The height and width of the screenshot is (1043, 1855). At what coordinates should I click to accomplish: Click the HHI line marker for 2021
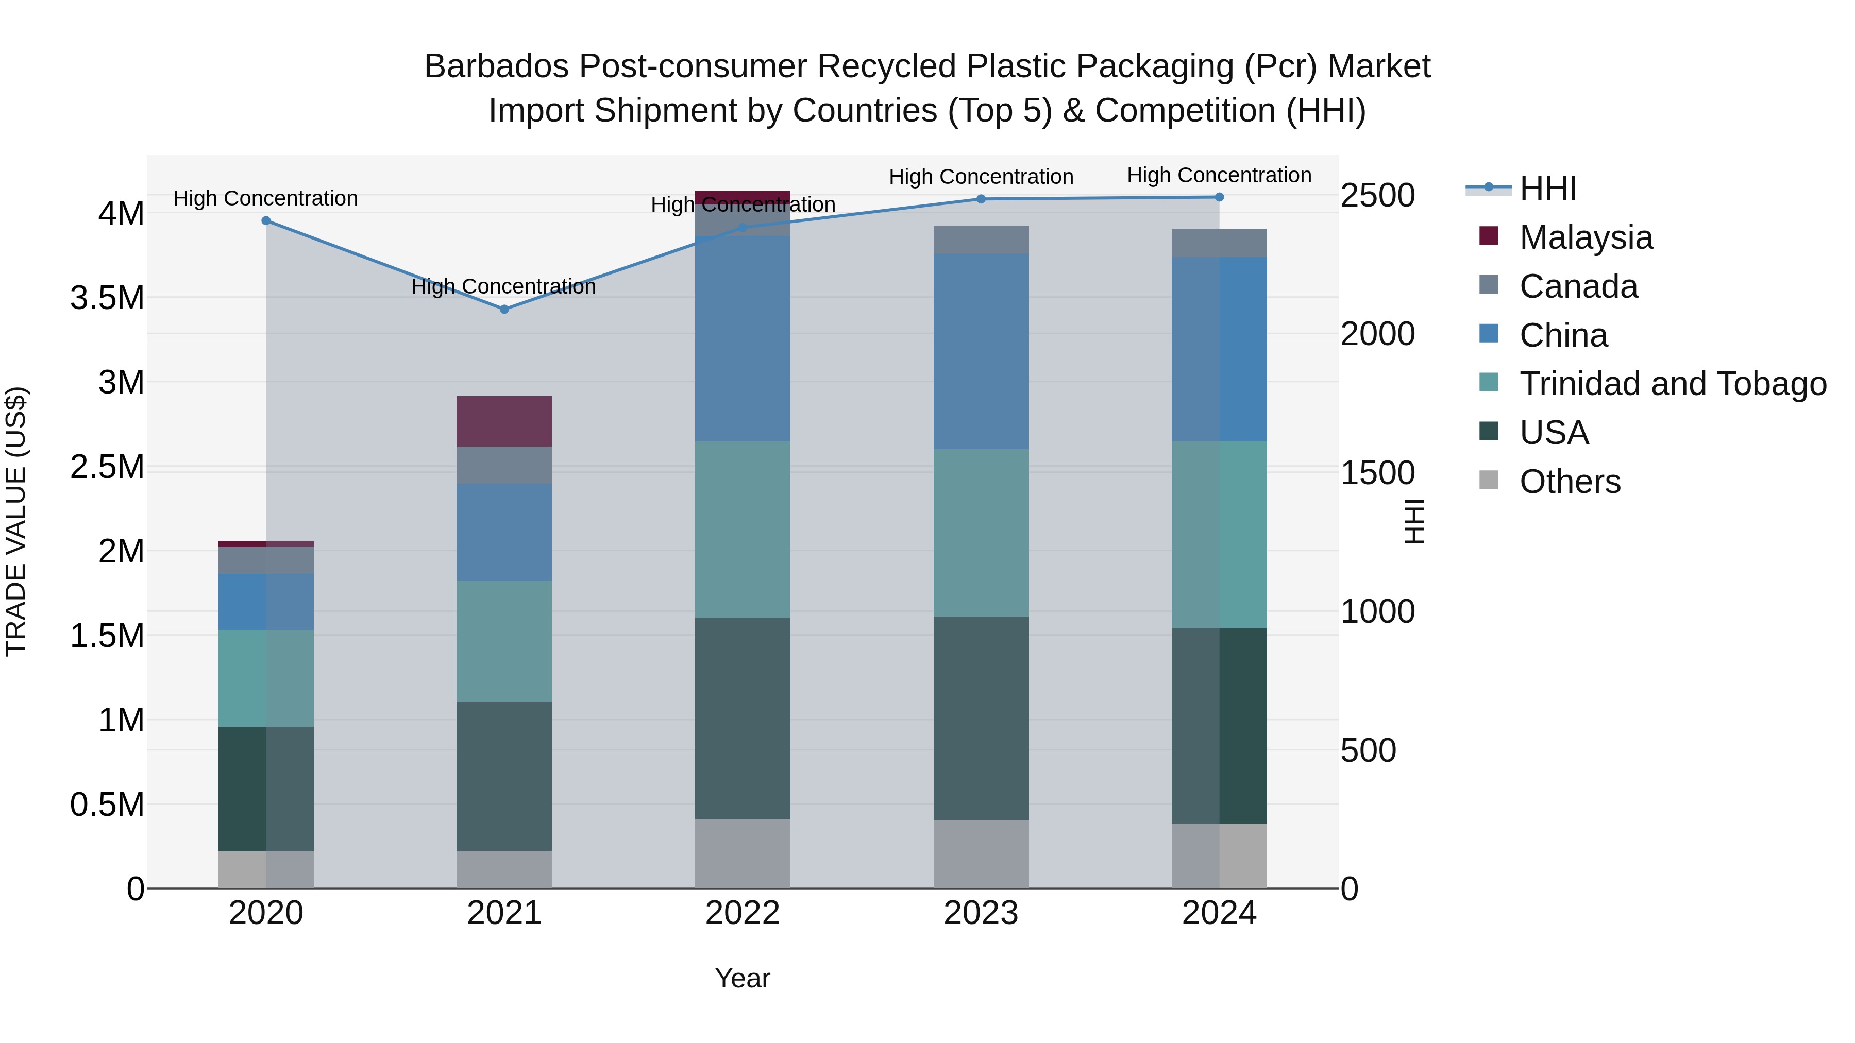[504, 309]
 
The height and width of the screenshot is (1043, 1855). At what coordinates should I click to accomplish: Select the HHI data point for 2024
[1219, 197]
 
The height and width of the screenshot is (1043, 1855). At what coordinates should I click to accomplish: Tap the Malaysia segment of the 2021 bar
[504, 421]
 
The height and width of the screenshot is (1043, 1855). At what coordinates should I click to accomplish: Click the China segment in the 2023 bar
[981, 351]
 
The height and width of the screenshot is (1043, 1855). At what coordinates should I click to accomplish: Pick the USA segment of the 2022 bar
[743, 719]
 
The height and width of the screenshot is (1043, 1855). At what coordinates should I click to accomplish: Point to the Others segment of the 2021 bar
[504, 869]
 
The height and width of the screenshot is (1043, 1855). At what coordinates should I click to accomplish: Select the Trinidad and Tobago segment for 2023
[981, 533]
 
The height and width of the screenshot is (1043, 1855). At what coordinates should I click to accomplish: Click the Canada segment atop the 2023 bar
[981, 240]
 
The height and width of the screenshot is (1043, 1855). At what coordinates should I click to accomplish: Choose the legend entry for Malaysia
[1585, 237]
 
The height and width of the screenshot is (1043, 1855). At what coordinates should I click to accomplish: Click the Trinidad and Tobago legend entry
[1672, 384]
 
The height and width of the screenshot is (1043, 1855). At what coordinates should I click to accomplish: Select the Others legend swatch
[1489, 480]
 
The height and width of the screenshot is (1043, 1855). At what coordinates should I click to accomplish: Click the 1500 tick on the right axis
[1377, 473]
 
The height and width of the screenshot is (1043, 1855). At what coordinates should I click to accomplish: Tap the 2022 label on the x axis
[743, 913]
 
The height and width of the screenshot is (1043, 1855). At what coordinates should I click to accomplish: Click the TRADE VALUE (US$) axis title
[16, 521]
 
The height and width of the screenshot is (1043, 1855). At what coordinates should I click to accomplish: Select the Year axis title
[743, 978]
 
